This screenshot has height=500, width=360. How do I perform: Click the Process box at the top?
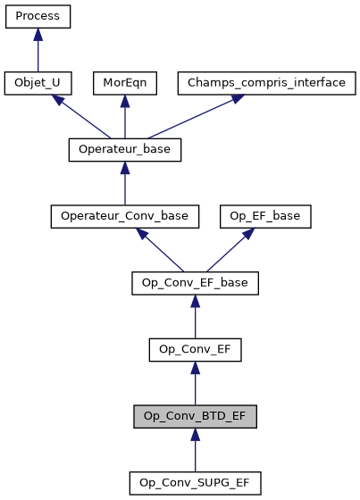38,17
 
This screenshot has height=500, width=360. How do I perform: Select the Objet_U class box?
38,83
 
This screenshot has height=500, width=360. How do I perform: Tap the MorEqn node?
124,83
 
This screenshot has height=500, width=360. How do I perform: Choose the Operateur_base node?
124,150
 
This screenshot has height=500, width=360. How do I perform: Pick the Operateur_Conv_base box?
124,216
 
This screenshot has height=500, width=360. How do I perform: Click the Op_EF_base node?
266,216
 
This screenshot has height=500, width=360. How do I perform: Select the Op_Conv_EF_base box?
195,283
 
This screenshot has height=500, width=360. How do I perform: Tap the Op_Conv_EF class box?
195,349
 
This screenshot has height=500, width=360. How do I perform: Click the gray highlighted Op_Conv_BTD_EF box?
195,416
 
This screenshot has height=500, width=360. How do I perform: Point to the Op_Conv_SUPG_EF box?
195,483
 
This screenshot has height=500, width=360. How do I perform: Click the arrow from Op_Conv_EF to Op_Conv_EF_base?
195,318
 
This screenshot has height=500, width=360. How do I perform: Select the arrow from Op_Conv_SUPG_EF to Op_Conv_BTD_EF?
195,451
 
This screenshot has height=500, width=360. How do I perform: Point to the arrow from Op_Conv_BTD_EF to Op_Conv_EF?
195,384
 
